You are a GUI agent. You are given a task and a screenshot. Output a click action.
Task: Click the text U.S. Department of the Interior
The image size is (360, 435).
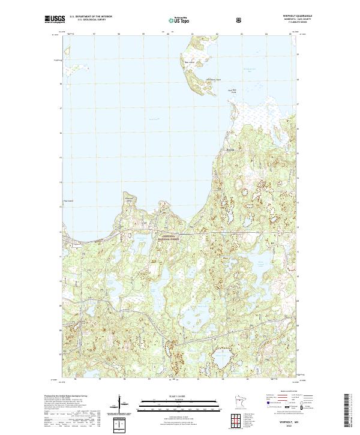(91, 16)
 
